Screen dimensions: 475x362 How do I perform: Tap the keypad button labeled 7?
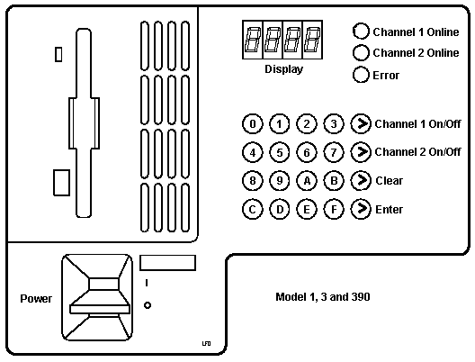[334, 152]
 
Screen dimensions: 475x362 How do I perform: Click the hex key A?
[307, 181]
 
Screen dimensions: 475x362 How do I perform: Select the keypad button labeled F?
[334, 209]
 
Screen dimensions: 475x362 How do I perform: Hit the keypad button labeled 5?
[280, 152]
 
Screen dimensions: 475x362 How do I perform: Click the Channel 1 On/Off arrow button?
[361, 123]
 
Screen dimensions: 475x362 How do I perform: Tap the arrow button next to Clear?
[361, 181]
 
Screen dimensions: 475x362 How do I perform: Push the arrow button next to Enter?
[361, 209]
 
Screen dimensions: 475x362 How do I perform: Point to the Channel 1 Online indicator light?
[361, 32]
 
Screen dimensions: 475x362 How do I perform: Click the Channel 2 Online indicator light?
[361, 52]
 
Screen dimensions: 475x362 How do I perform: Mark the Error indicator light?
[361, 75]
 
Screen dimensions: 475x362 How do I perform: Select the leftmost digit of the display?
[253, 40]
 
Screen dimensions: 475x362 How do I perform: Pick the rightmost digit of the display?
[313, 40]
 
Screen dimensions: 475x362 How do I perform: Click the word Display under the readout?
[284, 69]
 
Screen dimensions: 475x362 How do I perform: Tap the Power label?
[36, 299]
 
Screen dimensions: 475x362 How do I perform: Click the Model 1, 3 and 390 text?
[323, 297]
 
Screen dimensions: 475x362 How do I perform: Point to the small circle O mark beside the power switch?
[148, 305]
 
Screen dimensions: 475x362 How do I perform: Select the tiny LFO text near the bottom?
[206, 343]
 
